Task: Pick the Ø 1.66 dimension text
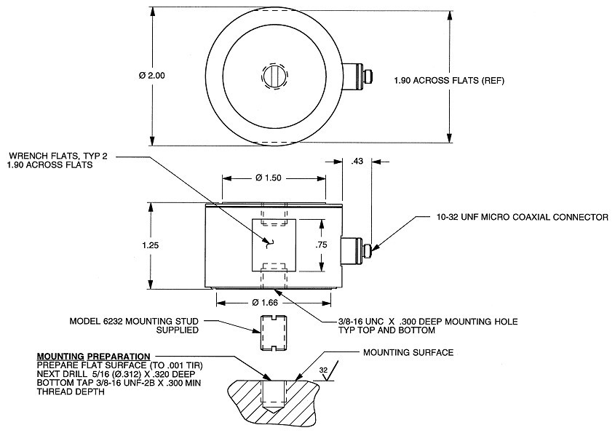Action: click(x=274, y=301)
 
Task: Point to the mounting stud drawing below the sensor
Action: click(x=271, y=333)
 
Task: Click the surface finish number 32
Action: click(x=324, y=370)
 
